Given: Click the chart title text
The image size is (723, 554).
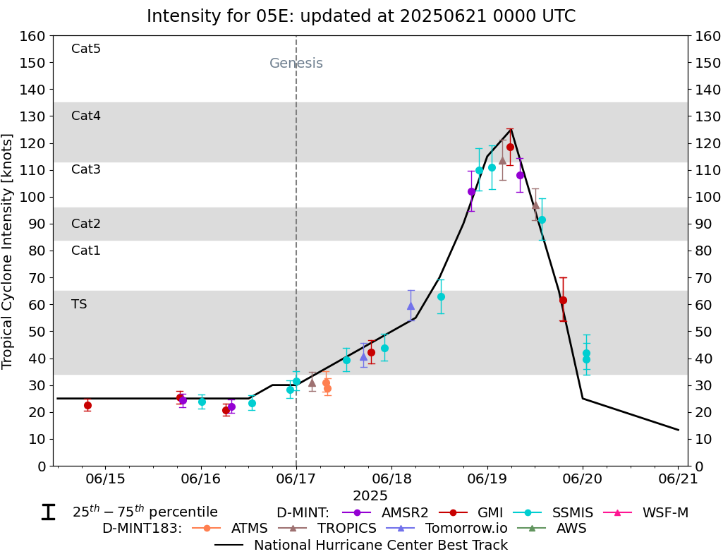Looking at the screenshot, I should point(361,16).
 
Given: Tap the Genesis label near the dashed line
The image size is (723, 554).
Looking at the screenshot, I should point(296,64).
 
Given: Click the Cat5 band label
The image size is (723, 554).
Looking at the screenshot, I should point(86,49).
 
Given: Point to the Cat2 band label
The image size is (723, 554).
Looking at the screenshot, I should point(86,224).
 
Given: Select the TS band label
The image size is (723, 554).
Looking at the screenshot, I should point(79,304).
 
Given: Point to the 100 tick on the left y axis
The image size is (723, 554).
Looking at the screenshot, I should point(35,197).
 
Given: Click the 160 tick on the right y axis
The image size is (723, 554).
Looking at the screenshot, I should point(706,36).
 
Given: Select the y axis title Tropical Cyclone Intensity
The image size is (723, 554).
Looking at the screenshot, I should point(8,251).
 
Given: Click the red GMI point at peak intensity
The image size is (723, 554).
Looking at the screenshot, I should point(510,147).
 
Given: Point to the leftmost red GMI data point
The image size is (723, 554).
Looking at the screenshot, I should point(87,405).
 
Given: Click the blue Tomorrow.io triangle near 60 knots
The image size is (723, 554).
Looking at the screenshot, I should point(411,306).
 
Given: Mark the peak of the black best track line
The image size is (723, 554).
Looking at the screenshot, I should point(511,129).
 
